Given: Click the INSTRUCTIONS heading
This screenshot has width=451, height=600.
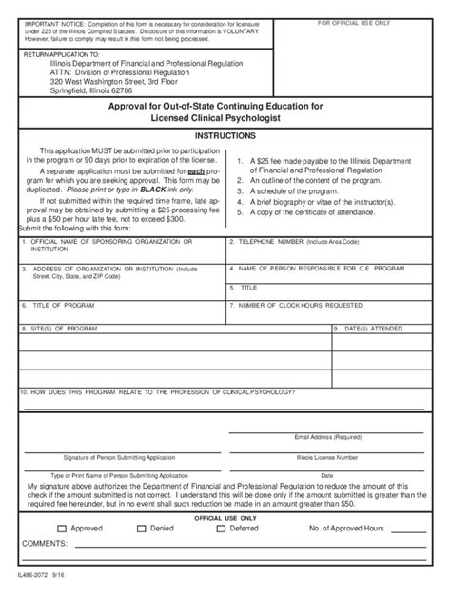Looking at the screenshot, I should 226,136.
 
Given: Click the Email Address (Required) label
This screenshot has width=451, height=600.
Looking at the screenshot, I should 326,437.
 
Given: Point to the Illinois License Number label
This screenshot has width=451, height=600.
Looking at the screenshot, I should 326,456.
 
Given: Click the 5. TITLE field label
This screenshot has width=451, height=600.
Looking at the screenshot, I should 246,287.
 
